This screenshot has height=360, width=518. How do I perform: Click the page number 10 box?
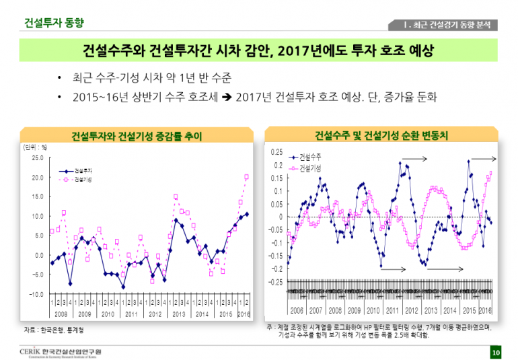pos(496,353)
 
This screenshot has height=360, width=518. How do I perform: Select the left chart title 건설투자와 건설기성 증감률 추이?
pos(137,136)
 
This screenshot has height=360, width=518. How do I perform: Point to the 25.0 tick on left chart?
pos(37,158)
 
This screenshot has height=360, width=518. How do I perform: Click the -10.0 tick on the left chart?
pos(36,294)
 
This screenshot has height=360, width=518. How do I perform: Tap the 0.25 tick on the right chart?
pos(277,152)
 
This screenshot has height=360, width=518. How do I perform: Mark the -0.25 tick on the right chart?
pos(276,282)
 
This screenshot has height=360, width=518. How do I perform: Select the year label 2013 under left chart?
pos(179,314)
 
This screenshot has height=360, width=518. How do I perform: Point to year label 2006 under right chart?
pos(297,311)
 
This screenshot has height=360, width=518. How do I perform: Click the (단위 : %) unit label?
pos(34,146)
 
